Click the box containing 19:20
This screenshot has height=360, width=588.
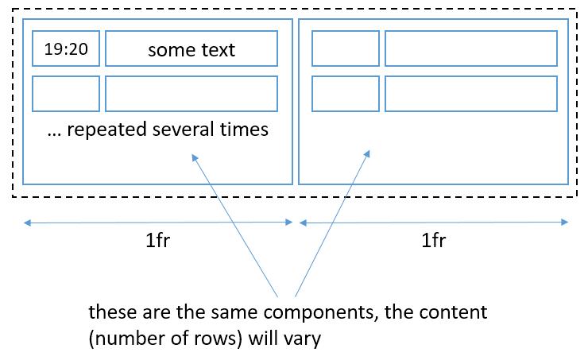66,49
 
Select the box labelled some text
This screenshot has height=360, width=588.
191,49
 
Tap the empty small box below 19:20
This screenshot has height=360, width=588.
66,94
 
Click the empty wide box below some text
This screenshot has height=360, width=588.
191,94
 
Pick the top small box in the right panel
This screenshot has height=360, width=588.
346,49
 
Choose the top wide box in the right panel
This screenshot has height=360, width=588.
471,49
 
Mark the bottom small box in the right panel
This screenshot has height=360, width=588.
346,94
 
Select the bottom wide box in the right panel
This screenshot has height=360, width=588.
471,94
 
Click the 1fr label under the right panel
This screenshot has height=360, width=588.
433,241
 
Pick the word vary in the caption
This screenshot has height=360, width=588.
304,339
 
